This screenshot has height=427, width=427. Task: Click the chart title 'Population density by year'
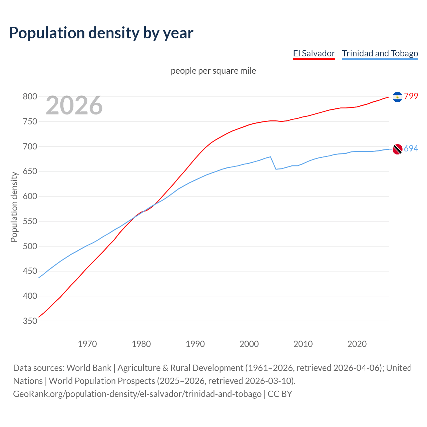[x=101, y=33]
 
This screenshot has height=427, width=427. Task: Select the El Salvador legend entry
[x=314, y=53]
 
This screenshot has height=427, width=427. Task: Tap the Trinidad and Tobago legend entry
[x=380, y=53]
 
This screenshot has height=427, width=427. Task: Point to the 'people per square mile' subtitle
[x=213, y=71]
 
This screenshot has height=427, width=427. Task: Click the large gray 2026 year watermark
[x=74, y=105]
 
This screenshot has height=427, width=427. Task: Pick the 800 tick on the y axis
[x=30, y=97]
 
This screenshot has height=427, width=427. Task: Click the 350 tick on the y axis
[x=30, y=321]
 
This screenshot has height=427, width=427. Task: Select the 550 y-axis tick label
[x=30, y=221]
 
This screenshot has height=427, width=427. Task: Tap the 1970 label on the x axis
[x=87, y=344]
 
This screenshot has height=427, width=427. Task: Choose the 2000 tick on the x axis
[x=249, y=344]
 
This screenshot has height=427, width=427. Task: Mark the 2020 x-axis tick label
[x=357, y=344]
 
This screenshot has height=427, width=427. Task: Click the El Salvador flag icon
[x=397, y=97]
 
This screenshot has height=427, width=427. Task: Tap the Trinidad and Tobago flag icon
[x=397, y=149]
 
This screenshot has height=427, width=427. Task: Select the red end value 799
[x=411, y=96]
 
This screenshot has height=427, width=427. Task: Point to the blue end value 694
[x=411, y=148]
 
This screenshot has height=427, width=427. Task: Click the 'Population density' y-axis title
[x=14, y=207]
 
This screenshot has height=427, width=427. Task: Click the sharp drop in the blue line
[x=273, y=163]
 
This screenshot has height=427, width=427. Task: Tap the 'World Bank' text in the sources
[x=89, y=368]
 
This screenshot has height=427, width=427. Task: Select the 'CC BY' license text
[x=280, y=394]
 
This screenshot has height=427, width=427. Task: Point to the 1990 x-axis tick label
[x=195, y=344]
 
